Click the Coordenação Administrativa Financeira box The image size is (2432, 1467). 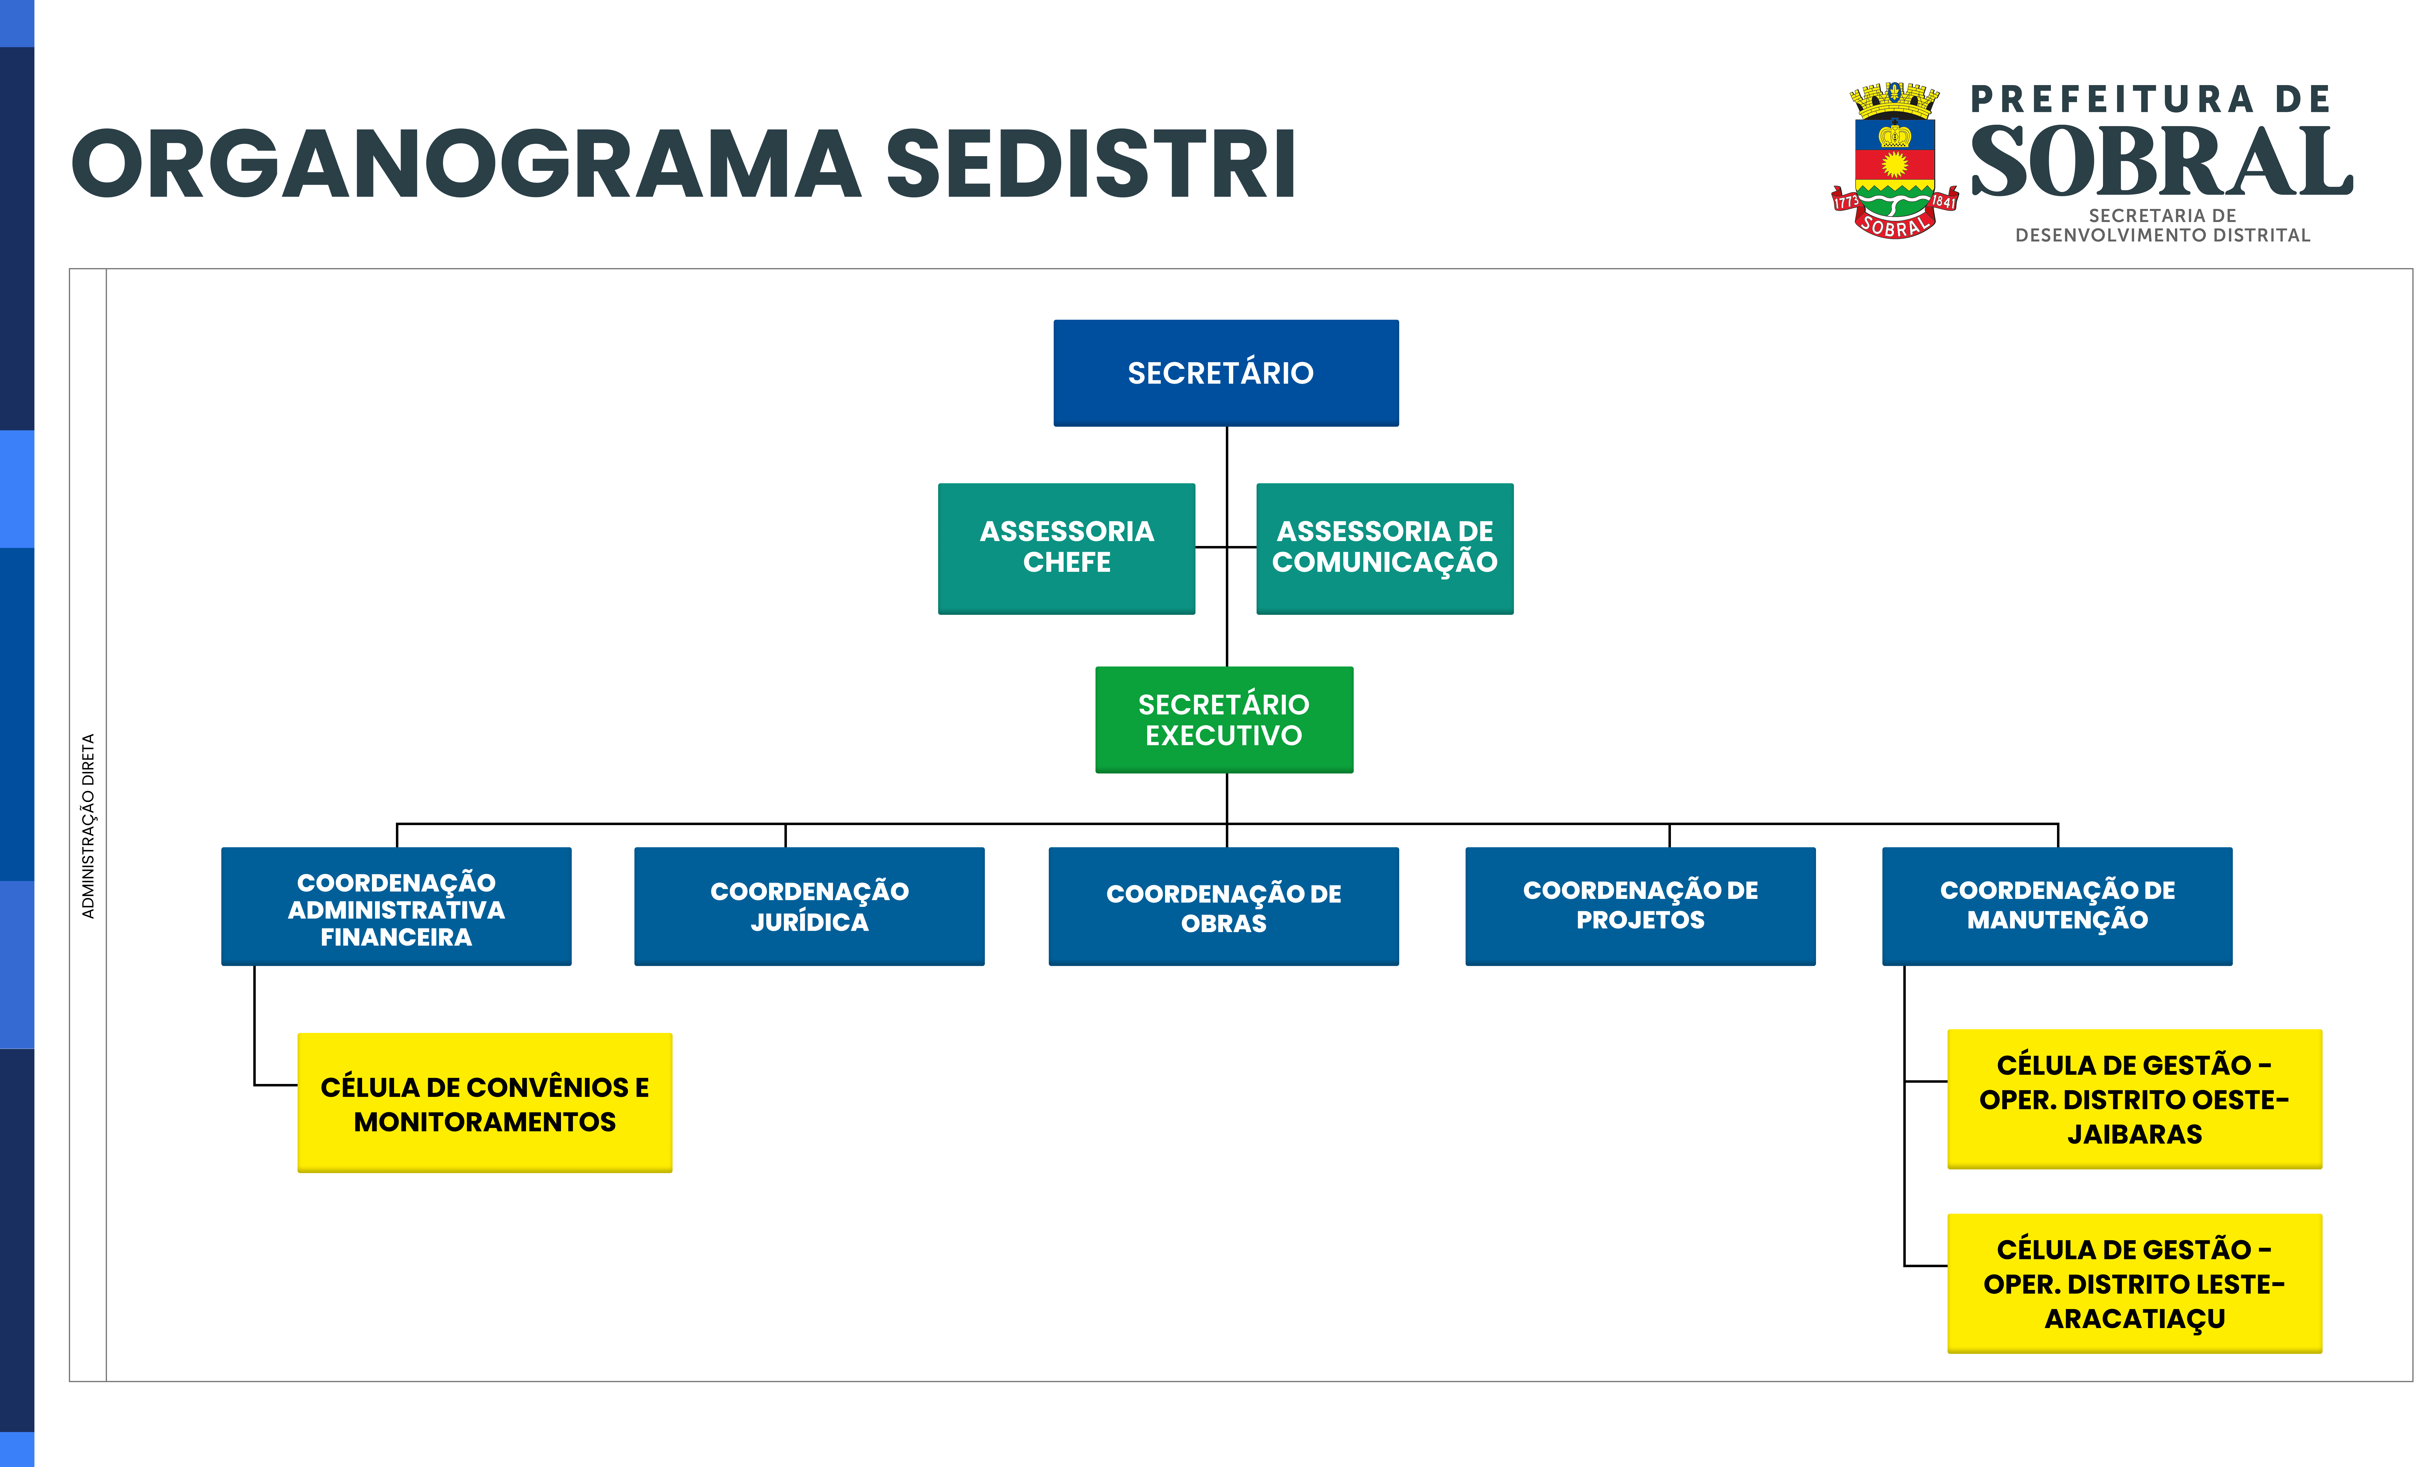tap(396, 906)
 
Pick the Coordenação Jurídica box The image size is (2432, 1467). tap(809, 906)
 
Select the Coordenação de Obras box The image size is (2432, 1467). tap(1224, 906)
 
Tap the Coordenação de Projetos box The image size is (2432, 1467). tap(1640, 906)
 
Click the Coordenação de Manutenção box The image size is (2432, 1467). tap(2057, 906)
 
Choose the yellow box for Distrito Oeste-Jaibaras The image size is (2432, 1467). tap(2134, 1099)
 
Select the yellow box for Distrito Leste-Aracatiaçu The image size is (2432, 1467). tap(2134, 1283)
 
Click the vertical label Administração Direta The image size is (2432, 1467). tap(88, 825)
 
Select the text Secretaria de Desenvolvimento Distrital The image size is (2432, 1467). tap(2162, 225)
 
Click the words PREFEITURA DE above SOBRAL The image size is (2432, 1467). tap(2150, 99)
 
